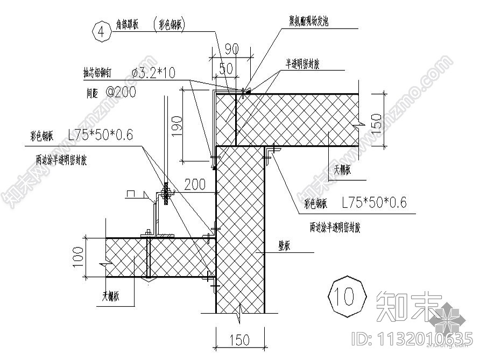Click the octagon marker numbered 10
coord(347,295)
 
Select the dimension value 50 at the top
coord(227,68)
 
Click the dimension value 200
coord(195,185)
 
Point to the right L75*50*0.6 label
coord(375,202)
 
